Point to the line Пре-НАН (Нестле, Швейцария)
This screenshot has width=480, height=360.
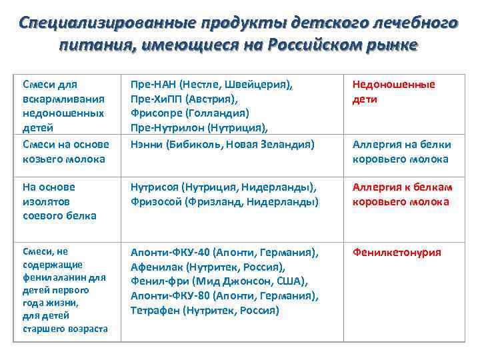(212, 85)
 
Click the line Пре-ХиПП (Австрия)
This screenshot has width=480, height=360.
(184, 99)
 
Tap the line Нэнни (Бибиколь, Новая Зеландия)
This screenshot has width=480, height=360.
(223, 144)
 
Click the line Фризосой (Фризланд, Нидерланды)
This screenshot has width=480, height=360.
(224, 202)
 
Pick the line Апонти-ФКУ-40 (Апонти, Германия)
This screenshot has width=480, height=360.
(224, 253)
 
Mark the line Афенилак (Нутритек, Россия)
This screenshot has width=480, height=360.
(208, 267)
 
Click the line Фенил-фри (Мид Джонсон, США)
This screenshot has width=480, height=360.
(218, 281)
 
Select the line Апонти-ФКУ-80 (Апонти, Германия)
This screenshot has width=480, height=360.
(224, 296)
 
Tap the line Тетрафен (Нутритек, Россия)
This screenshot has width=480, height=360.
(205, 310)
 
